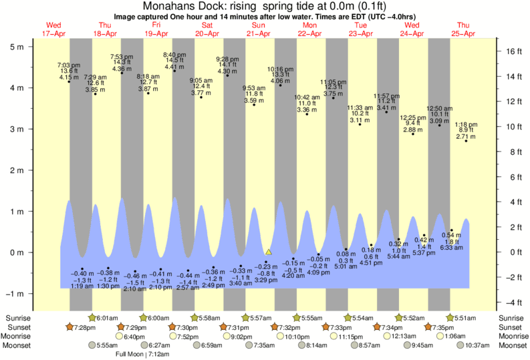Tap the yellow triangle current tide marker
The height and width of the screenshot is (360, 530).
269,252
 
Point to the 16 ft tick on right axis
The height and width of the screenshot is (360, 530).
512,51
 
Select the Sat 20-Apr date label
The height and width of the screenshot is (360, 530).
207,29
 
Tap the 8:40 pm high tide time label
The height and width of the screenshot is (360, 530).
175,55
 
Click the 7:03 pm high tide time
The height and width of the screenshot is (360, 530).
70,63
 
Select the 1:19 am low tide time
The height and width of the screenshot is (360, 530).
82,287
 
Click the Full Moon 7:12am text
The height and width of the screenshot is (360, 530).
143,354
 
